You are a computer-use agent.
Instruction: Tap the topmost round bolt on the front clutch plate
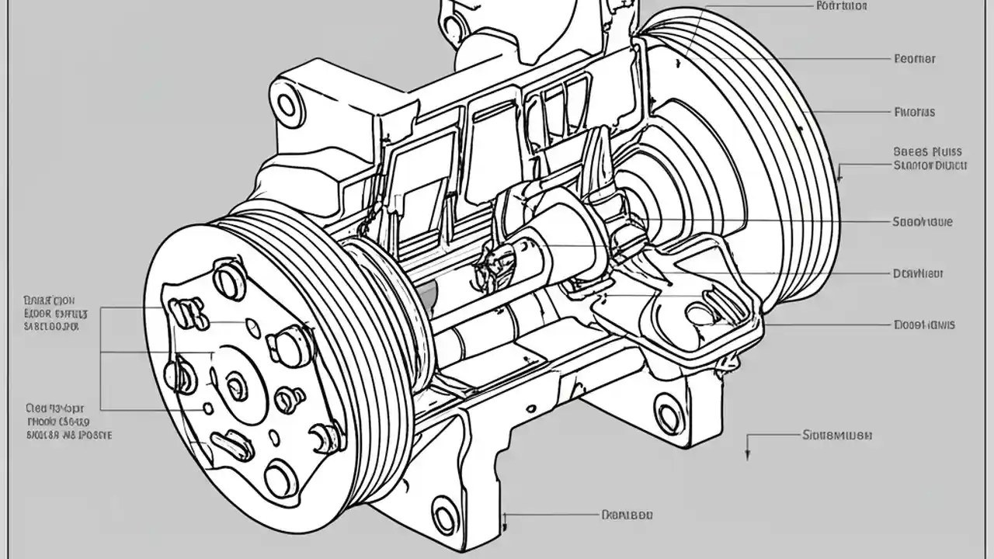pos(230,279)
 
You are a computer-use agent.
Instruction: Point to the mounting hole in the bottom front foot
pos(445,515)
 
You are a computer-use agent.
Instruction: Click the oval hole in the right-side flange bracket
pos(703,313)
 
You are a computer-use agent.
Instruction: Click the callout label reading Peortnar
pos(915,58)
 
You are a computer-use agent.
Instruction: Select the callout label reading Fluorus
pos(915,112)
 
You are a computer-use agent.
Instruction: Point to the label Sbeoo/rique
pos(923,222)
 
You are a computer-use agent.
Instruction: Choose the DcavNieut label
pos(919,273)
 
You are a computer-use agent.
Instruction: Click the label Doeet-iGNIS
pos(924,325)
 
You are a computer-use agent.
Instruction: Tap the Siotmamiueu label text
pos(836,436)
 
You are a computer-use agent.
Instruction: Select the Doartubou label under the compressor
pos(627,515)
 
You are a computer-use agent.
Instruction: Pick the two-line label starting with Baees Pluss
pos(930,158)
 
